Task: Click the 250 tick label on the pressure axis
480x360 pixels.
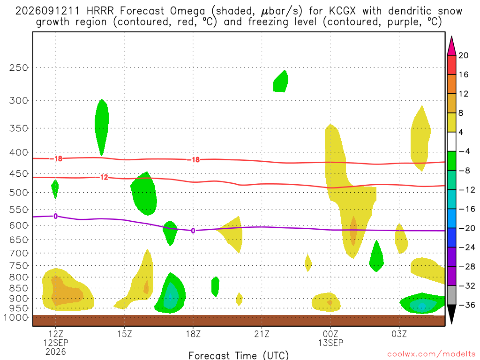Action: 18,67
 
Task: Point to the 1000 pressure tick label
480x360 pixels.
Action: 16,317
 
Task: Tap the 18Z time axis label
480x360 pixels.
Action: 193,334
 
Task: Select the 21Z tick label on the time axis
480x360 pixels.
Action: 262,334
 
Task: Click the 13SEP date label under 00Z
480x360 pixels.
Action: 330,343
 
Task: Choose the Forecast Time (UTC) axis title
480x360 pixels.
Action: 239,355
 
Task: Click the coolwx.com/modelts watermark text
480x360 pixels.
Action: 431,354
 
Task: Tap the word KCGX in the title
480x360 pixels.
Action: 342,11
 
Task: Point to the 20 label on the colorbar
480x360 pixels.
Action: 463,55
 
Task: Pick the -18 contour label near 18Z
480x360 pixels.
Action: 194,159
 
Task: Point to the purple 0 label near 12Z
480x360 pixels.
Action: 55,217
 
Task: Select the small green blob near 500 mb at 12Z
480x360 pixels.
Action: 55,188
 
